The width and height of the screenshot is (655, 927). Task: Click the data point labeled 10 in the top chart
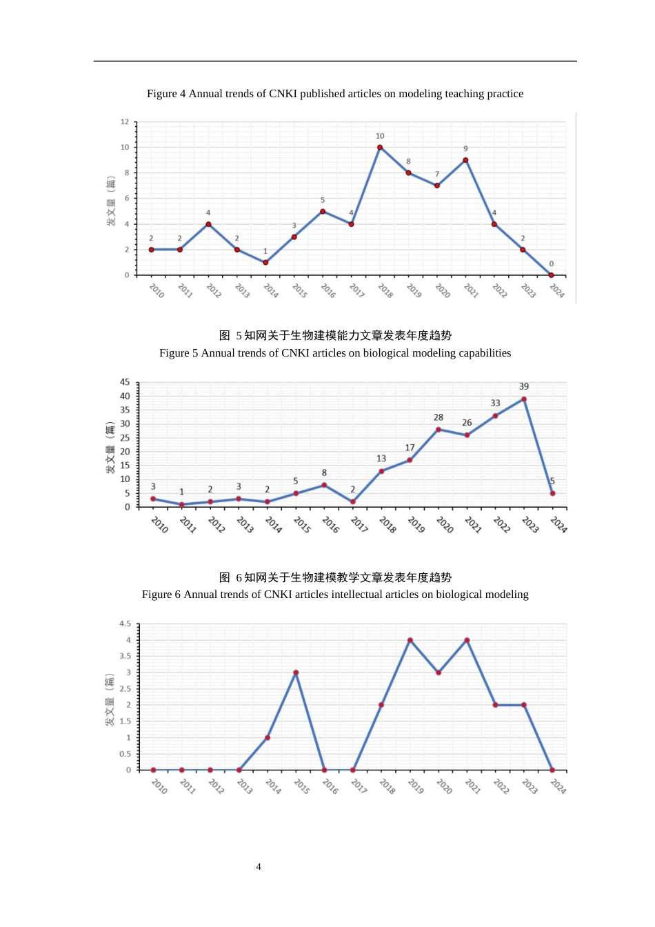point(380,147)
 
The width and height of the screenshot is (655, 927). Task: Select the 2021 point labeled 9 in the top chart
point(465,160)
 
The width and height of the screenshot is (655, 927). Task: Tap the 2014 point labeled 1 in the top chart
point(265,262)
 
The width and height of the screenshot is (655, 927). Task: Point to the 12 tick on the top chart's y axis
point(125,122)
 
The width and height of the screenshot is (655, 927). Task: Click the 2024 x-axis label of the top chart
point(557,291)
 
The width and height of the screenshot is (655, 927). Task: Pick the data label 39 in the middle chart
point(524,386)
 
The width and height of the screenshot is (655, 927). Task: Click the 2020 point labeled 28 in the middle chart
point(439,430)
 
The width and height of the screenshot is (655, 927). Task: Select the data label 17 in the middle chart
point(410,448)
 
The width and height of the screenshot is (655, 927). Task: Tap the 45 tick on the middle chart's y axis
point(125,382)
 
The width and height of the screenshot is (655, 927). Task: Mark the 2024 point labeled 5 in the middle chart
point(552,493)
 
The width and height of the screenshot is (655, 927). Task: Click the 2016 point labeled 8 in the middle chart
point(324,485)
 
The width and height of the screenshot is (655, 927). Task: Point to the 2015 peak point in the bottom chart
point(296,672)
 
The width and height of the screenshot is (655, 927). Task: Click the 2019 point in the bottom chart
point(410,640)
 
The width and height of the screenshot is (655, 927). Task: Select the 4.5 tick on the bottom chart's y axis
point(125,624)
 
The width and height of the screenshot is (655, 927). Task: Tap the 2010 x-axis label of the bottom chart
point(159,786)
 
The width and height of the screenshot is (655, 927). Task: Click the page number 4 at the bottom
point(259,867)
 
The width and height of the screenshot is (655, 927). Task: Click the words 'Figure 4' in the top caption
point(166,94)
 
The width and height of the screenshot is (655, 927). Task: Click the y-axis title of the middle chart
point(110,448)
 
